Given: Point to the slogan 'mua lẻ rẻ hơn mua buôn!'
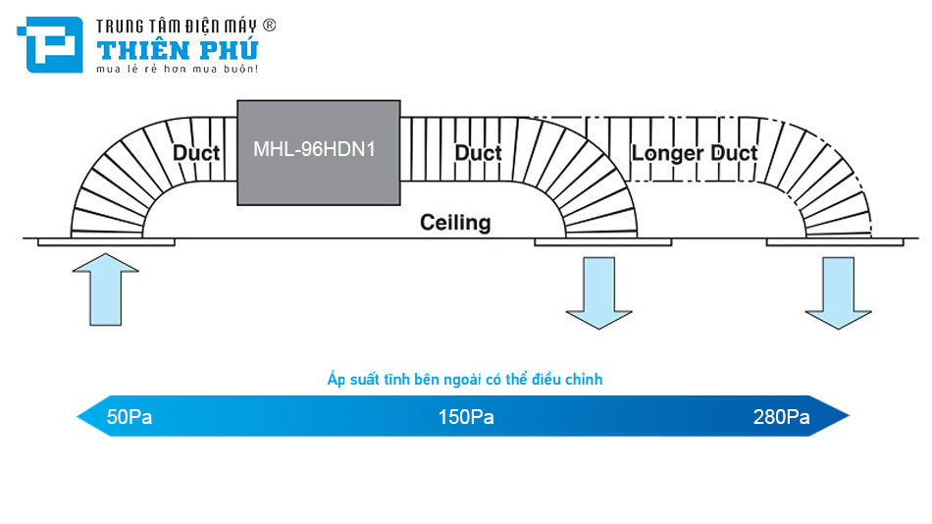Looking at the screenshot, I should (x=176, y=69).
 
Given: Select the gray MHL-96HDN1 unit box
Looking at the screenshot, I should (x=318, y=152).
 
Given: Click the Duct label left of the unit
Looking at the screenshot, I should (x=196, y=153).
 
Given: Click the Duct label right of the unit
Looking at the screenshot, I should (x=479, y=153).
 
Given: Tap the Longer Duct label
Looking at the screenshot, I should (x=695, y=153).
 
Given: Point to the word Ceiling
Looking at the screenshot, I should (x=455, y=222).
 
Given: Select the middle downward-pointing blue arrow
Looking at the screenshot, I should (x=598, y=291).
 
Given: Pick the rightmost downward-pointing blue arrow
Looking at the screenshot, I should (x=838, y=291).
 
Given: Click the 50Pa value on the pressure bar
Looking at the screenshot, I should (x=129, y=417).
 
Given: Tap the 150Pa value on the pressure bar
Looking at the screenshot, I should (x=466, y=417).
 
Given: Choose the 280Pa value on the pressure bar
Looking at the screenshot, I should (x=781, y=417).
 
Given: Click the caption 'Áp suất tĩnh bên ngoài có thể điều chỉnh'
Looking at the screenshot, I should (x=466, y=379).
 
